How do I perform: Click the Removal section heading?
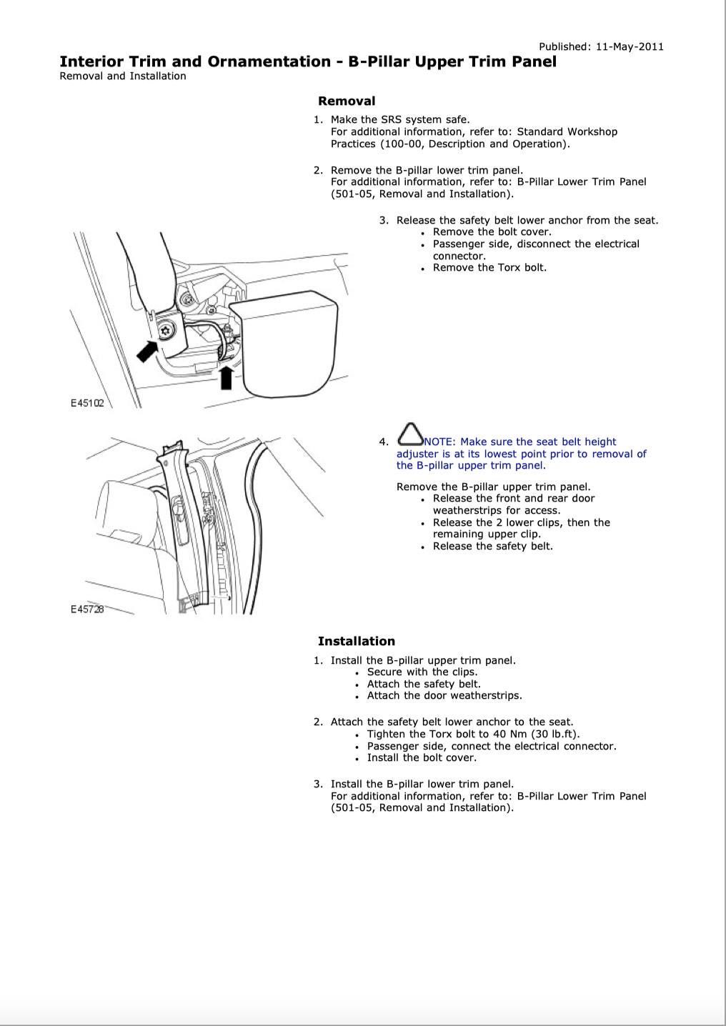346,101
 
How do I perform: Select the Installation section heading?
356,642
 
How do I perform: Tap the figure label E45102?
87,403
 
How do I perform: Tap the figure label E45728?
87,609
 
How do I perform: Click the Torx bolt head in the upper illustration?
166,330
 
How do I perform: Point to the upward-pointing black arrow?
227,377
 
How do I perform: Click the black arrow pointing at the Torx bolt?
147,350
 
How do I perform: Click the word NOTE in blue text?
439,442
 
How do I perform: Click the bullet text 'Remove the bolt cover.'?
492,232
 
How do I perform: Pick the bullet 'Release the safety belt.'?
492,547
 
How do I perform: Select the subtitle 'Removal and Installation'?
122,76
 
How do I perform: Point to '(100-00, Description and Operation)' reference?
450,144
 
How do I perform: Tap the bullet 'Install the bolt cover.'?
422,758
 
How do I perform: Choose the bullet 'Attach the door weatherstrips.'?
444,696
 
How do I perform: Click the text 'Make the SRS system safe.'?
399,120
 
